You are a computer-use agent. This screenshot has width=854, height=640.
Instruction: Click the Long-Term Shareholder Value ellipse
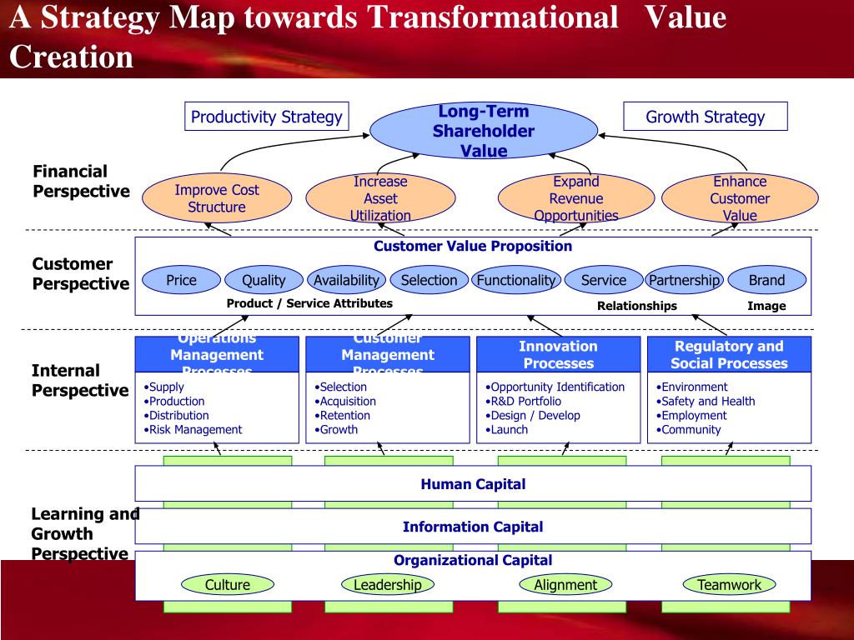pos(484,132)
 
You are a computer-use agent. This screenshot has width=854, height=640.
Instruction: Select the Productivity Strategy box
pos(267,117)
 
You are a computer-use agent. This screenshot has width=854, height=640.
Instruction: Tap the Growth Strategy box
pos(705,117)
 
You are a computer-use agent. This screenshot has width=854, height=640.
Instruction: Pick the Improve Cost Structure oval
pos(217,198)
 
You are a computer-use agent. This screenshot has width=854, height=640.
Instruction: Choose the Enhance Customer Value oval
pos(740,198)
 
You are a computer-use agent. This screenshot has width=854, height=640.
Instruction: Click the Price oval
pos(181,280)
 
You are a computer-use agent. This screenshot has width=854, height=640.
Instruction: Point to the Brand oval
pos(766,280)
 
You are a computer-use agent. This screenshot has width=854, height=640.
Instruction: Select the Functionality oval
pos(516,280)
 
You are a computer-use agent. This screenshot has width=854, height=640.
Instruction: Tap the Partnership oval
pos(684,280)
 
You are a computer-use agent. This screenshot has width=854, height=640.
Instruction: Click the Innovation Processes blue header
pos(558,354)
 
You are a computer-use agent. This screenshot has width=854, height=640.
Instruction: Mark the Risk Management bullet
pos(195,430)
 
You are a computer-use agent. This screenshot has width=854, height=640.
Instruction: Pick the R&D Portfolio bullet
pos(525,401)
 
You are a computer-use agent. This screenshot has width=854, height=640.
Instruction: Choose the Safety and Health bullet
pos(707,401)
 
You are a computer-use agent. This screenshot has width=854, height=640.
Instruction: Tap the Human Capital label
pos(473,484)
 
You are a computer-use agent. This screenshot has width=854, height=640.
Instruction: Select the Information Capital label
pos(473,527)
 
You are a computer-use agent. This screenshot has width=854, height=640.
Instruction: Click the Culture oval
pos(228,585)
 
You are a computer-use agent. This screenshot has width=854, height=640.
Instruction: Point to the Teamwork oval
pos(729,585)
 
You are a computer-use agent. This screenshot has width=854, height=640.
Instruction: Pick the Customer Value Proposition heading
pos(473,246)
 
